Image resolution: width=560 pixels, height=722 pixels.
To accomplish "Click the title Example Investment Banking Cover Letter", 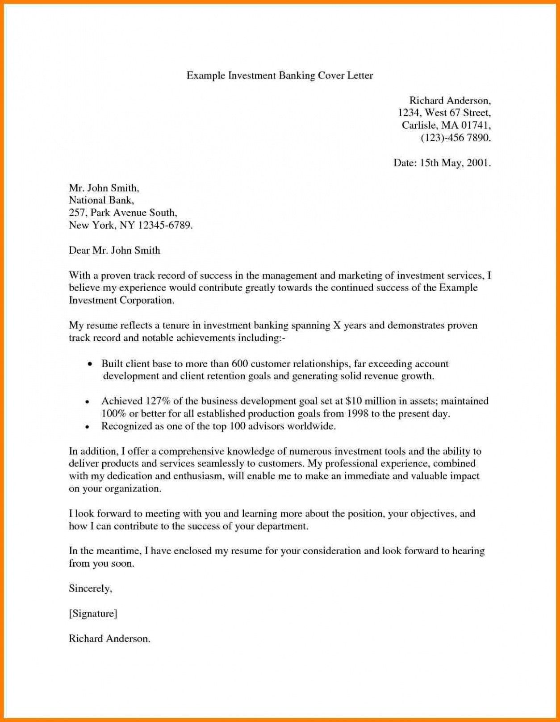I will pos(280,75).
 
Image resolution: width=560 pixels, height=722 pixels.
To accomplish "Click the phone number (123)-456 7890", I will pos(456,138).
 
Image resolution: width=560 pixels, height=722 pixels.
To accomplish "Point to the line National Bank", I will pos(101,200).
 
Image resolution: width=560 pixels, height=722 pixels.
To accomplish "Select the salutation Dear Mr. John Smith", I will pos(114,250).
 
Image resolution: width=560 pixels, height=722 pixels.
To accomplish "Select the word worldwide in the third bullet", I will pos(311,426).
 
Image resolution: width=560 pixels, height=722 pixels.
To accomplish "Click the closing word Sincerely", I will pos(90,589).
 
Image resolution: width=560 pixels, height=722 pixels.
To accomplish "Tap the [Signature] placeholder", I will pos(93,614).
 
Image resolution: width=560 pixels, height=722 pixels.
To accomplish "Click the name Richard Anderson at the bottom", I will pos(109,639).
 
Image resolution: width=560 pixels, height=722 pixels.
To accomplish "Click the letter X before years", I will pos(337,326).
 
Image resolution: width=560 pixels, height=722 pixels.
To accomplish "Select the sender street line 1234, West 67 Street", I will pos(444,113).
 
